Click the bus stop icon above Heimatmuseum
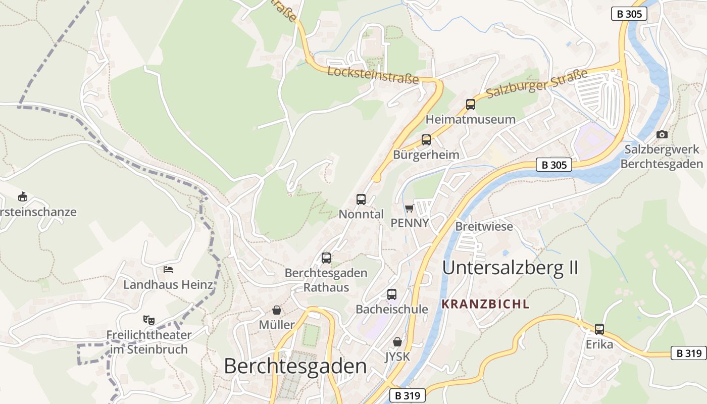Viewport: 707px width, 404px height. pos(471,105)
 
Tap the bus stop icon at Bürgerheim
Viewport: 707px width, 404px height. pos(426,140)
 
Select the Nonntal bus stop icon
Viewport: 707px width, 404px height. pos(361,199)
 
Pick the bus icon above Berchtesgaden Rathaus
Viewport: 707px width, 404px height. pos(326,258)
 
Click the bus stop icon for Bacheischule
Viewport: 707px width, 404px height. pos(392,294)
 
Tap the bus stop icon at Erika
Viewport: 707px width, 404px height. pos(599,329)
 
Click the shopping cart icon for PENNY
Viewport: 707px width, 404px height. pos(409,208)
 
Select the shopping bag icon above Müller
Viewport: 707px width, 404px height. pos(277,310)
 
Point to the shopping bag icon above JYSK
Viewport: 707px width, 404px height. pos(397,342)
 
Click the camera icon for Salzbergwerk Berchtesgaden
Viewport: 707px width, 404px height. pos(662,134)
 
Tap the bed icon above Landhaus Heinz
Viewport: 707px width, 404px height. pos(168,270)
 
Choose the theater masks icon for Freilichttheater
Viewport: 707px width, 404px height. pos(148,320)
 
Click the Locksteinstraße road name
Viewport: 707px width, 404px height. pos(373,75)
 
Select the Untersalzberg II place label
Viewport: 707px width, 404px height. pos(510,268)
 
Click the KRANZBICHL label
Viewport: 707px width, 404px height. pos(485,304)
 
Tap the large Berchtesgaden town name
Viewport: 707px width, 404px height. pos(295,366)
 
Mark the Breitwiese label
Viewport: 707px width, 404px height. pos(484,226)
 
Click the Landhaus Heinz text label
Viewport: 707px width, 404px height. pos(168,285)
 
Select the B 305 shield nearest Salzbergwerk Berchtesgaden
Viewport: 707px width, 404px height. pos(553,165)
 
